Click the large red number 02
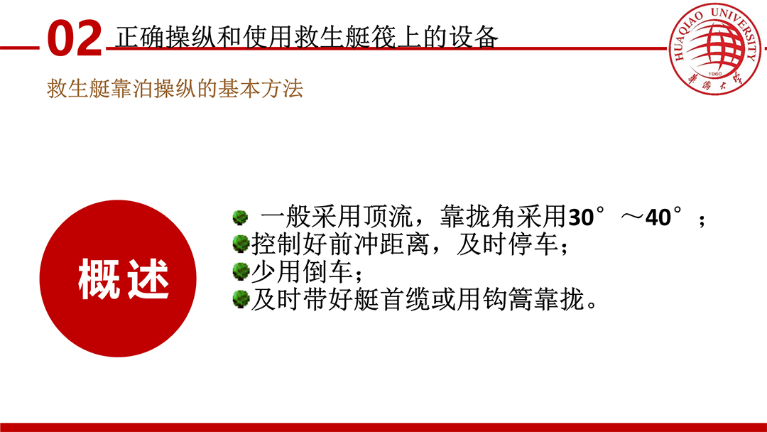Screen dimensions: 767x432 (x=75, y=38)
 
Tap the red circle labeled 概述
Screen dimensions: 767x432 (x=118, y=279)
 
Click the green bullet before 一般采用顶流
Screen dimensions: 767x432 (x=240, y=217)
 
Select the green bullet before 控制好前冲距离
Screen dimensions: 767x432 (x=241, y=243)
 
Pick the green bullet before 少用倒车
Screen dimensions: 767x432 (x=241, y=271)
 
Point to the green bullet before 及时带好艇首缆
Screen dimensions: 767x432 (x=241, y=299)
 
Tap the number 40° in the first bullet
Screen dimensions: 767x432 (x=663, y=217)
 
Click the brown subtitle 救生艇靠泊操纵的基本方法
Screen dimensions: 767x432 (x=175, y=89)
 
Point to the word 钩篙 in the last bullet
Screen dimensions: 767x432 (x=508, y=299)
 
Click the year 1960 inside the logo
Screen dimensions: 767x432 (x=714, y=74)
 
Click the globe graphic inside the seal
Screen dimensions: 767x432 (x=714, y=46)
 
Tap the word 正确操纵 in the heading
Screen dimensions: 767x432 (x=165, y=37)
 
